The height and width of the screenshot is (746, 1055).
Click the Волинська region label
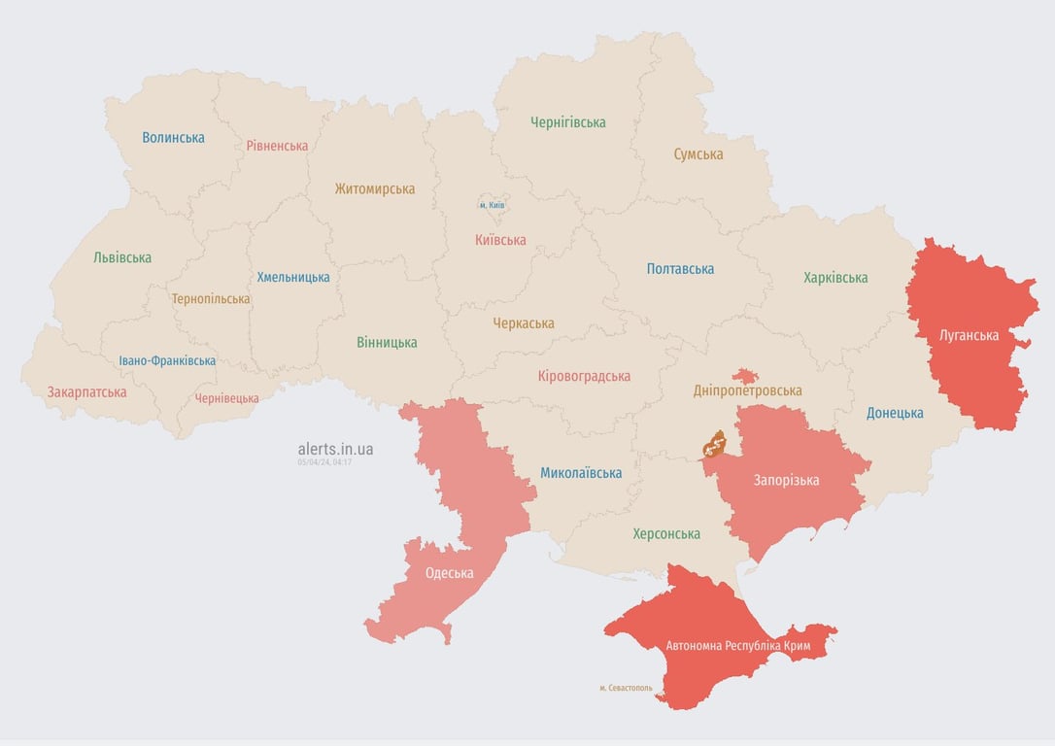coord(173,138)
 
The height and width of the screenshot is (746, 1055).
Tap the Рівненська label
coord(277,146)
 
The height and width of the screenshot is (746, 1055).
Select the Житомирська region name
coord(374,189)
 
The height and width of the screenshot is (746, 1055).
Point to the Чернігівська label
coord(567,122)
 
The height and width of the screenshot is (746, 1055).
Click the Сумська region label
coord(698,154)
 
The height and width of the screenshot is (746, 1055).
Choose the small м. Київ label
coord(493,206)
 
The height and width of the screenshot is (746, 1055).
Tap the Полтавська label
coord(680,269)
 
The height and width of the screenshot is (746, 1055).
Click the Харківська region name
coord(835,278)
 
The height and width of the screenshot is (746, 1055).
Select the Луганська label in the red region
coord(969,336)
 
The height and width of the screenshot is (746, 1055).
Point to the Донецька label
coord(895,413)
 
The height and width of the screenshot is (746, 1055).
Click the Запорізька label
coord(786,481)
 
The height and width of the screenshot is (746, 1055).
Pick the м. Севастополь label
coord(626,688)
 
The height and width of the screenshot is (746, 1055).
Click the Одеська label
coord(449,573)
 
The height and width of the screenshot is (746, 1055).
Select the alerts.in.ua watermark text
coord(335,449)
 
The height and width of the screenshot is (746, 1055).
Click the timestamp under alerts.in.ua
coord(324,462)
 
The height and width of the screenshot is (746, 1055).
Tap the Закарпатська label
coord(86,392)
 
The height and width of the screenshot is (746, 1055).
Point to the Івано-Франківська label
coord(167,360)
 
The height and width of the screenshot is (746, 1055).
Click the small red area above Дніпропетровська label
coord(745,375)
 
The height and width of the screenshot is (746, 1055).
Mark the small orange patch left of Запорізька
coord(715,445)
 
